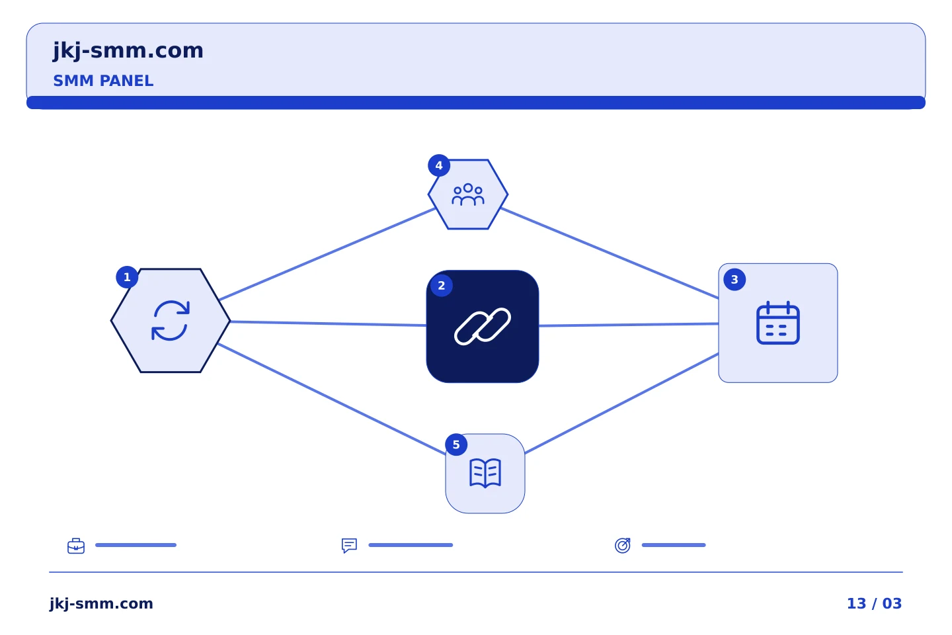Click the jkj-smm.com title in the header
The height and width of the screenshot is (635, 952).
tap(128, 51)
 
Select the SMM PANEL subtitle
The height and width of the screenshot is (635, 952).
tap(103, 81)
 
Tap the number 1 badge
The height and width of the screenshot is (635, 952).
tap(127, 277)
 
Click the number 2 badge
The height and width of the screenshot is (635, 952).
tap(441, 285)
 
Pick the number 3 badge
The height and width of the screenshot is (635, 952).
tap(734, 279)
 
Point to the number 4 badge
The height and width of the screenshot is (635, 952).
tap(439, 165)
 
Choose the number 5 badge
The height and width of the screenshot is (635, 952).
tap(456, 444)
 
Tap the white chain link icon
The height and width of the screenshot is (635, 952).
tap(483, 326)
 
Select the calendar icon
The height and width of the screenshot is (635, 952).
tap(777, 322)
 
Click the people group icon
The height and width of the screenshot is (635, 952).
tap(468, 194)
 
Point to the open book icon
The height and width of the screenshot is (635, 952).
tap(485, 472)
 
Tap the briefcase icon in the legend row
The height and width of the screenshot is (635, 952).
tap(76, 546)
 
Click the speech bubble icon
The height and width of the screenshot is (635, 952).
tap(349, 545)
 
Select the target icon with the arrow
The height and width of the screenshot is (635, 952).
tap(623, 545)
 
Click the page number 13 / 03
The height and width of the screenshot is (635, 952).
tap(874, 603)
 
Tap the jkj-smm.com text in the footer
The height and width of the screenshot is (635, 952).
tap(101, 604)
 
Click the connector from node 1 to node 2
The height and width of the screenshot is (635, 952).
tap(328, 323)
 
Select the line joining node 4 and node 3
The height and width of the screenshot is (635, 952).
tap(610, 253)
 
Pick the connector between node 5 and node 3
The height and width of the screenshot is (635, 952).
tap(621, 403)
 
